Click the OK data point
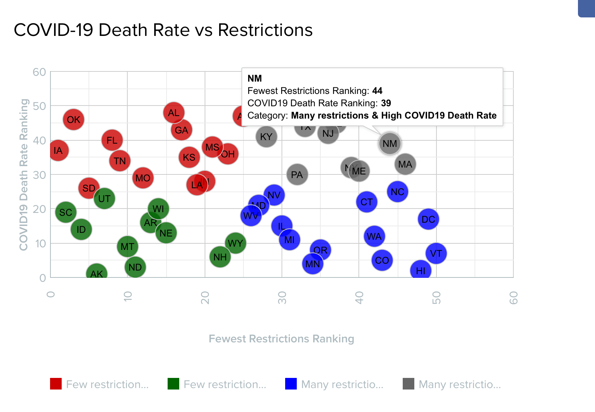click(x=74, y=120)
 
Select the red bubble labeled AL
click(x=174, y=113)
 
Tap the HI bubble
click(x=420, y=271)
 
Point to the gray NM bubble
click(x=390, y=144)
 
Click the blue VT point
click(x=436, y=254)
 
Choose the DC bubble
click(x=428, y=219)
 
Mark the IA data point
click(x=58, y=151)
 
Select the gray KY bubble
click(x=266, y=137)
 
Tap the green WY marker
click(x=235, y=243)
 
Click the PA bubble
click(x=297, y=175)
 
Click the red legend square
click(x=56, y=384)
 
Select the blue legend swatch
click(x=291, y=384)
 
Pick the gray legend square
click(x=409, y=384)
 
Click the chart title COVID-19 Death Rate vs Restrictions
click(x=163, y=30)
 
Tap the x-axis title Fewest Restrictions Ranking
click(x=282, y=339)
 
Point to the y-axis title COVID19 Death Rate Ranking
click(x=24, y=174)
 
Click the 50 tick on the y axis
click(x=40, y=106)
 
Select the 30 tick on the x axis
click(x=282, y=298)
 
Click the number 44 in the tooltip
click(x=377, y=91)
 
